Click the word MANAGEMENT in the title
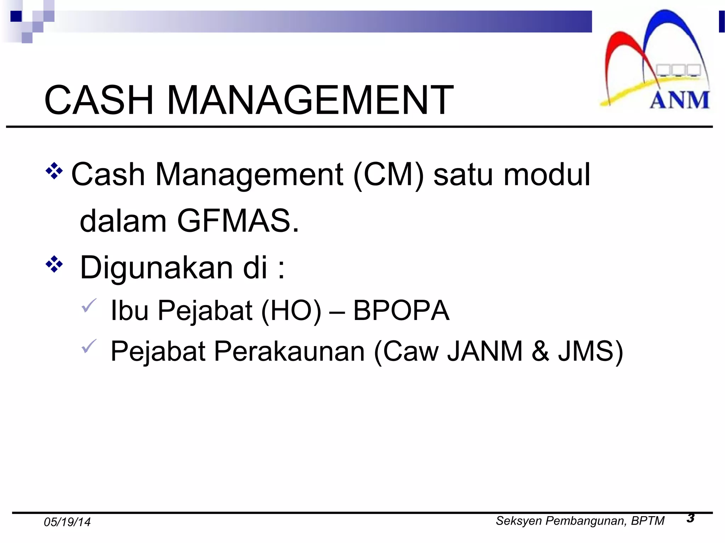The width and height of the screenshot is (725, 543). pos(310,100)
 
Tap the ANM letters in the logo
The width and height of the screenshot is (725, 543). pos(679,100)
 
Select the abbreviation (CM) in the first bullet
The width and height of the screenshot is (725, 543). pos(389,174)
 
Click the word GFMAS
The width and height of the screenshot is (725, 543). pos(238,221)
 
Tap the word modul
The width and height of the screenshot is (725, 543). pos(547,174)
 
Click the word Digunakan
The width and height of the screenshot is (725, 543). pos(156,268)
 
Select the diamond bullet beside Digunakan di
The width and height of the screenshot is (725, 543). pos(54,264)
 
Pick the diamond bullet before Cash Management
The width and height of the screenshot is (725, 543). pos(54,171)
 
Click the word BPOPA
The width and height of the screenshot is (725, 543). pos(401,310)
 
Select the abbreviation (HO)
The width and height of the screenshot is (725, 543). pos(291,310)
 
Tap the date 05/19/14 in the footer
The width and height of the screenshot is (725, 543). pos(67,522)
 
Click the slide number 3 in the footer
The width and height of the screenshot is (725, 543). pos(690,518)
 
